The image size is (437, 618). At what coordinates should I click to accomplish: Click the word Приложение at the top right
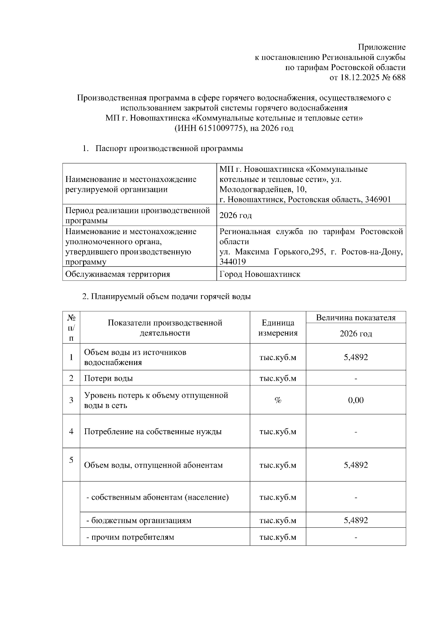click(x=382, y=47)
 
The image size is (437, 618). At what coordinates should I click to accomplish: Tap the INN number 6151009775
click(x=220, y=128)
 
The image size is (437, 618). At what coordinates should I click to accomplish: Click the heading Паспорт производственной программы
click(x=169, y=148)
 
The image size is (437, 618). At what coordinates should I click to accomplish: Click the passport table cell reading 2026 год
click(x=236, y=215)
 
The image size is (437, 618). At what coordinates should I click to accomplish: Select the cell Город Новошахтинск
click(x=260, y=274)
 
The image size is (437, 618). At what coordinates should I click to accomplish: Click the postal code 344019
click(x=232, y=262)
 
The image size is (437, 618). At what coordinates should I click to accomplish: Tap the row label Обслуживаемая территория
click(x=118, y=274)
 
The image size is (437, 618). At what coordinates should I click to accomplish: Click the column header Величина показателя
click(x=355, y=317)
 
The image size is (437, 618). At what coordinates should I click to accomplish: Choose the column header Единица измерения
click(x=278, y=328)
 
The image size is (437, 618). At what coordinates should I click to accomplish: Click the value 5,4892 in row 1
click(x=355, y=357)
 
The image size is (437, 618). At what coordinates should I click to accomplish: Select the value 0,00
click(x=355, y=400)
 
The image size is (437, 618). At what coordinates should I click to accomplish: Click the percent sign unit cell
click(x=278, y=400)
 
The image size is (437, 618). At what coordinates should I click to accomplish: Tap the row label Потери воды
click(x=109, y=378)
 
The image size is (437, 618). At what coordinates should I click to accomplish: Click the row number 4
click(x=71, y=432)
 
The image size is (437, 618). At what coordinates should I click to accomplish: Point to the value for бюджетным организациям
click(x=355, y=520)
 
